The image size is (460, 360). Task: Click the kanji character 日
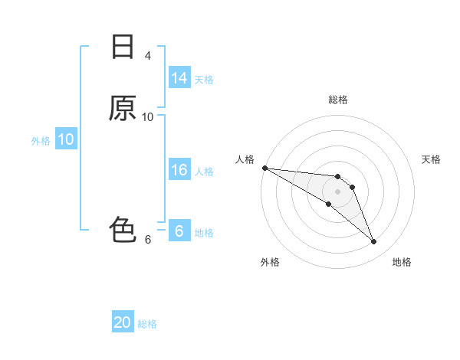tap(123, 47)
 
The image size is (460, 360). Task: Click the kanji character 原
tap(123, 108)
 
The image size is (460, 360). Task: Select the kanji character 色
tap(123, 229)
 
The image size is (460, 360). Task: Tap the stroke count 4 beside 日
tap(147, 56)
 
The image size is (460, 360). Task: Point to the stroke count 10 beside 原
tap(147, 116)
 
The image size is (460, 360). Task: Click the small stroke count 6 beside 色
tap(147, 239)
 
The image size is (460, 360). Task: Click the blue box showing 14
tap(179, 78)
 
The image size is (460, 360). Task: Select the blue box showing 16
tap(179, 170)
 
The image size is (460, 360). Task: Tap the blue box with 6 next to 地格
tap(179, 231)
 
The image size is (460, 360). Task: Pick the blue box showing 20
tap(123, 323)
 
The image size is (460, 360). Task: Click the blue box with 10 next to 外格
tap(65, 139)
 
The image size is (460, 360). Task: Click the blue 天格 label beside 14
tap(204, 79)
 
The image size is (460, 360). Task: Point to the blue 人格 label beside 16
tap(204, 171)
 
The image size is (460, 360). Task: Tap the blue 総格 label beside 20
tap(147, 324)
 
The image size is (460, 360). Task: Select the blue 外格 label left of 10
tap(41, 140)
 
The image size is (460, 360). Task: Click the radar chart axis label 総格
tap(338, 100)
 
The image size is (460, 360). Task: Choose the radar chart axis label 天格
tap(432, 159)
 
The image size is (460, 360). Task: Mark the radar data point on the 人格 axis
tap(264, 168)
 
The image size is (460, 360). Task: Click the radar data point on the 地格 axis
tap(374, 242)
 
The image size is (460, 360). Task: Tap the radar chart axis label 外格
tap(270, 262)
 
